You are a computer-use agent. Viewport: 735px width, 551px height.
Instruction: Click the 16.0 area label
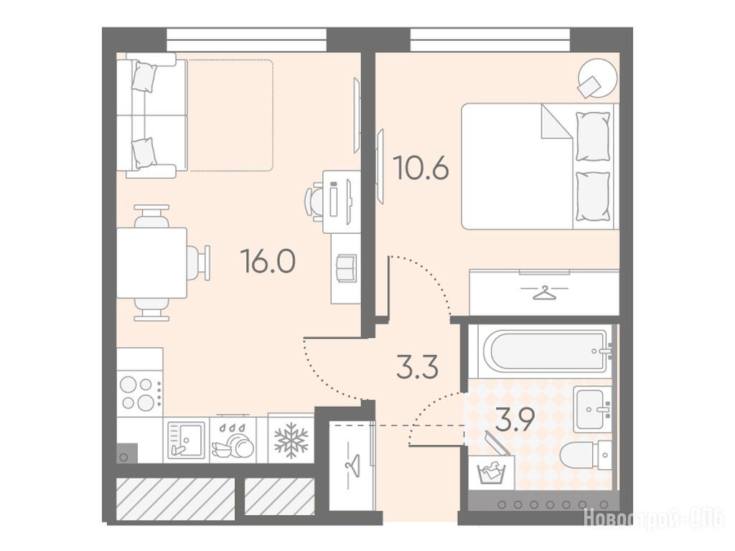268,260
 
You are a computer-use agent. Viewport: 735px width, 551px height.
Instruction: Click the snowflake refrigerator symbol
291,441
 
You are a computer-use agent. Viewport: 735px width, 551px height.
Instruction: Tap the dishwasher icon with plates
233,441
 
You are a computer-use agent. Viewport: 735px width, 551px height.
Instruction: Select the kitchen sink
186,441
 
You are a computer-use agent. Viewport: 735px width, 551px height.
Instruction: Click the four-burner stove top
139,394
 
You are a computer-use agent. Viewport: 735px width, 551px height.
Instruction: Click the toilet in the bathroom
586,453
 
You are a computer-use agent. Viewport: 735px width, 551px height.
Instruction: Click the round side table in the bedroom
596,77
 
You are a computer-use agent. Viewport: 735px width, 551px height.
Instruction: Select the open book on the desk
346,268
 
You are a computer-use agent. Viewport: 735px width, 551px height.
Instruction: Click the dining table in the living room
151,263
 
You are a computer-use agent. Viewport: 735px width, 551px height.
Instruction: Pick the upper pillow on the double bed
592,136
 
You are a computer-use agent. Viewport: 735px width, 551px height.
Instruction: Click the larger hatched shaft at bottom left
175,499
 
